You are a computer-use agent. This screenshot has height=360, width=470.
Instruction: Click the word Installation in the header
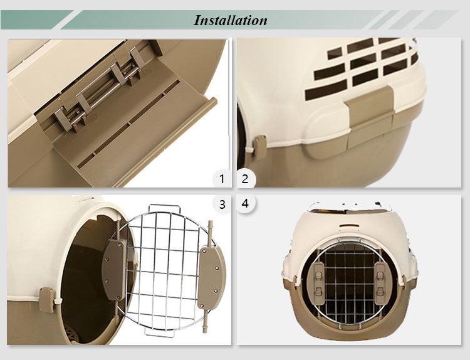230,19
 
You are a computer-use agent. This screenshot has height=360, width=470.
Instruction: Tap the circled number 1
221,179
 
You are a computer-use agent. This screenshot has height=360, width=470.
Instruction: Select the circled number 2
245,179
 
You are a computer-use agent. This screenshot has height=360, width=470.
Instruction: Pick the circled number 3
221,204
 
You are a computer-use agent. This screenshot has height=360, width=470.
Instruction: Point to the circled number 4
245,204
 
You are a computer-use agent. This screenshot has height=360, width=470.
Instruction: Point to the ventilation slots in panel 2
363,63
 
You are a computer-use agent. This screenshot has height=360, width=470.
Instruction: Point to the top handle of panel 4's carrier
348,205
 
